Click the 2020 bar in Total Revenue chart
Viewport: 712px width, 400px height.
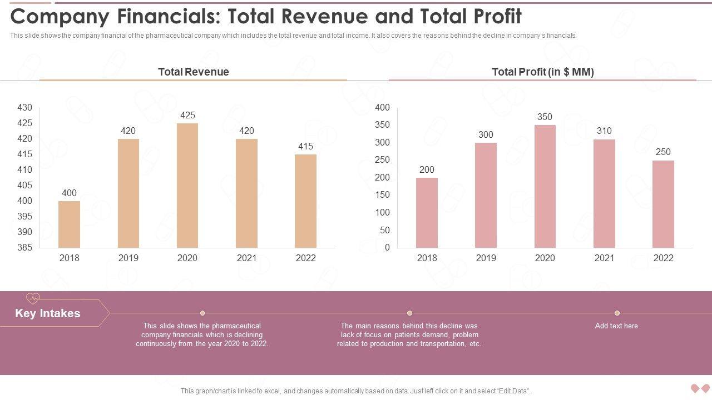[x=187, y=186]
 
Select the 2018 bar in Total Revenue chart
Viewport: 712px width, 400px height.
[x=69, y=224]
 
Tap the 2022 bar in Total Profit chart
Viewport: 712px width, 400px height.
[x=663, y=204]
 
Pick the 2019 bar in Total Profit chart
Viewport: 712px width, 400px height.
[x=486, y=195]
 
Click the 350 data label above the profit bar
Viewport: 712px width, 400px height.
[x=545, y=117]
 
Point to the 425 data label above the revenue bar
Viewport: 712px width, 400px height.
[x=187, y=115]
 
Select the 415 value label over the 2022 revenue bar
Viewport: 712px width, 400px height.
[x=305, y=146]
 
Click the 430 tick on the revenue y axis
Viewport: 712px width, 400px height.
[x=25, y=107]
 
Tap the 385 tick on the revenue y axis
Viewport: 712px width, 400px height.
[x=25, y=247]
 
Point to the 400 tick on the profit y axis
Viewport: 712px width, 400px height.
[x=383, y=107]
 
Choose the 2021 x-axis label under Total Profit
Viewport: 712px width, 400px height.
[x=604, y=258]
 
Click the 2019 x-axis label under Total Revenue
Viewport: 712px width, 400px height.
[x=128, y=258]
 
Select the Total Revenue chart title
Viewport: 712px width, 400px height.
[x=193, y=72]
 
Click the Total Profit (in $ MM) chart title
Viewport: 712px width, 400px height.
[x=542, y=72]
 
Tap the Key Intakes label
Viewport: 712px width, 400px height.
[x=48, y=313]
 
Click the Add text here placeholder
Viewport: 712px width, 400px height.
[x=616, y=326]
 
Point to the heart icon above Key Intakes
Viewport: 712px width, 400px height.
[x=33, y=298]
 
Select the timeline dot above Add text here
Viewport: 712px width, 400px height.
[x=617, y=313]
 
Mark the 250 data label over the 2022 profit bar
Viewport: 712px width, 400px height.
[x=663, y=152]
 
